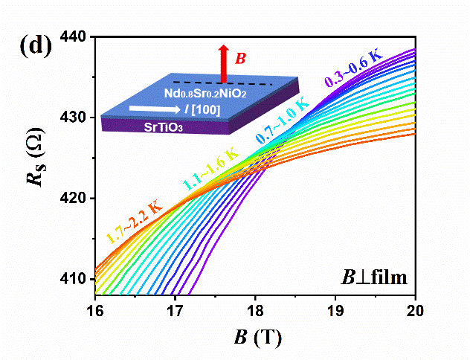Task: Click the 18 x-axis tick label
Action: (x=256, y=309)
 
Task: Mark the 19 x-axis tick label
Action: (x=336, y=309)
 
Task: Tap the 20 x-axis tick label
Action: (x=416, y=309)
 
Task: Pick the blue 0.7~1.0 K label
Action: (x=285, y=131)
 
